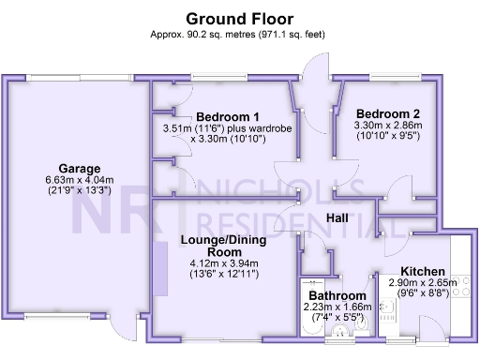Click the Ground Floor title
click(239, 18)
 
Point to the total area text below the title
click(239, 35)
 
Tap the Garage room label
click(79, 169)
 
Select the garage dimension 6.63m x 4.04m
click(79, 181)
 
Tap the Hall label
click(338, 218)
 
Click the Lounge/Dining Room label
click(224, 247)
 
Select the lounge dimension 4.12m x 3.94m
click(224, 264)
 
